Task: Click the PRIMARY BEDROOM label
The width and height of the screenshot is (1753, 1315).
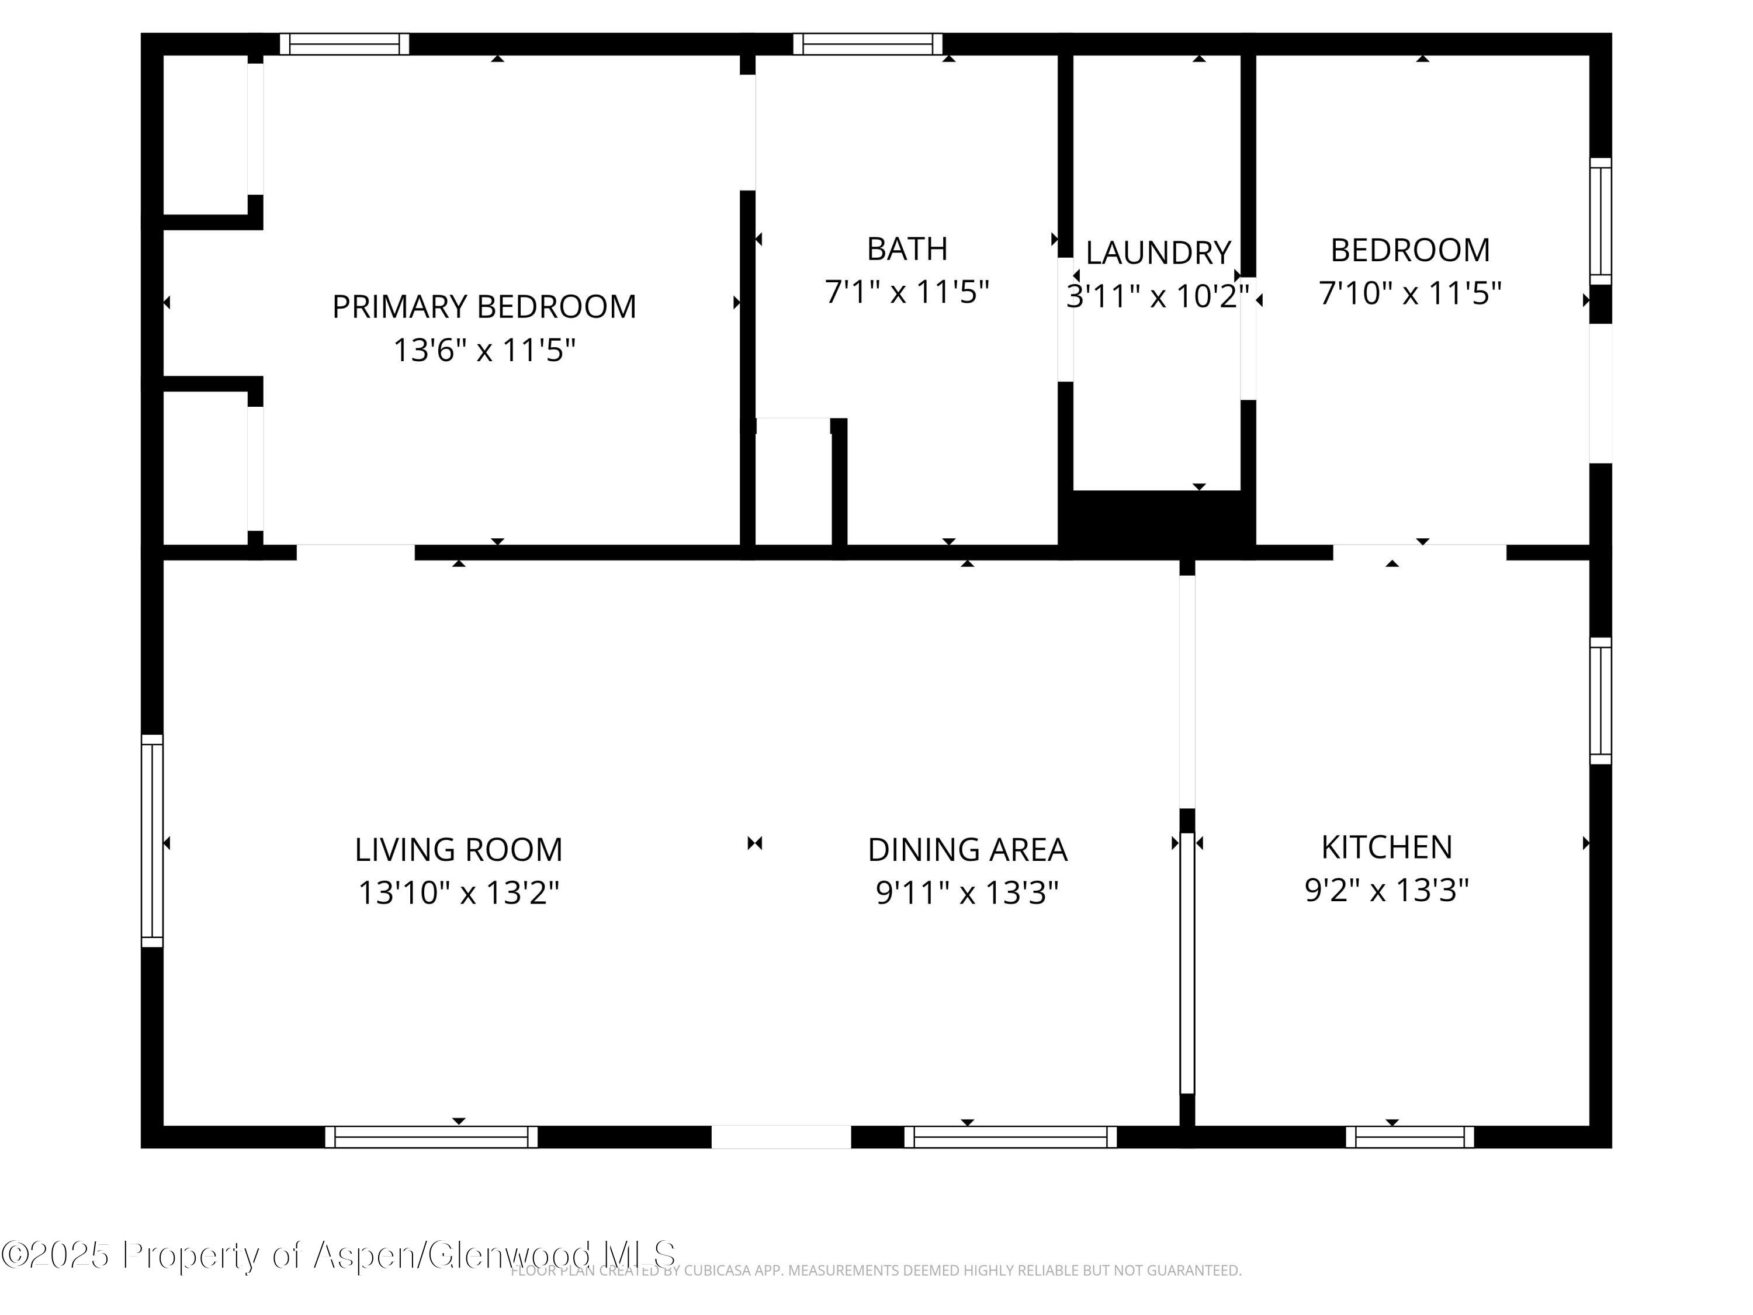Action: [x=483, y=307]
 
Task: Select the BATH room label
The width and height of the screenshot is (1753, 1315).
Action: [x=907, y=249]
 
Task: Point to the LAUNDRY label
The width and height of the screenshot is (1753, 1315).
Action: [x=1157, y=253]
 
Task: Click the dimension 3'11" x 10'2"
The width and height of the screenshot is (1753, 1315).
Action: [x=1157, y=296]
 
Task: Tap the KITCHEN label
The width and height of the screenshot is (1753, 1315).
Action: [x=1386, y=847]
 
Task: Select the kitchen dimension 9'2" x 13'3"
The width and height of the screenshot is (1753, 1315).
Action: [x=1386, y=890]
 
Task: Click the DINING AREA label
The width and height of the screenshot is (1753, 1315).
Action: [x=967, y=850]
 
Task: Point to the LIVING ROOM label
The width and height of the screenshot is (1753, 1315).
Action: [x=458, y=850]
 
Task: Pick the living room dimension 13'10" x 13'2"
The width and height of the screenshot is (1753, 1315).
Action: [x=458, y=892]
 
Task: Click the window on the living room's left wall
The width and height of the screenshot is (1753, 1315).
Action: [x=152, y=841]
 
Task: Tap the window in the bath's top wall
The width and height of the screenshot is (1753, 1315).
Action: [x=867, y=44]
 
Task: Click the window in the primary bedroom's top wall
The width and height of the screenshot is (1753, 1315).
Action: [x=344, y=44]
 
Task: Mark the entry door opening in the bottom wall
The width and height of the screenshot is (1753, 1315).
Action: [x=781, y=1137]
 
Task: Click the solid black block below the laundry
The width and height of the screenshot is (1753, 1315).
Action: [x=1157, y=519]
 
